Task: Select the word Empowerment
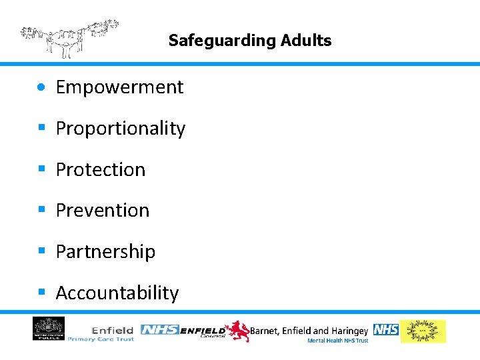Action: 119,87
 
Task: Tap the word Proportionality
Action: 121,129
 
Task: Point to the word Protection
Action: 101,170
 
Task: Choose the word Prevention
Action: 103,211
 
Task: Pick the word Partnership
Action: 105,252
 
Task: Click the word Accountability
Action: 117,293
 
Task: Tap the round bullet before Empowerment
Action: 42,87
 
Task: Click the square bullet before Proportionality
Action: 42,127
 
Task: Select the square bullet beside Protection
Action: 42,169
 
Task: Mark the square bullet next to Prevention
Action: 42,209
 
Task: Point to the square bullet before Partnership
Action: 42,251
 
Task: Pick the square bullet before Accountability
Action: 42,292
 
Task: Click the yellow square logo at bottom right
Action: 423,331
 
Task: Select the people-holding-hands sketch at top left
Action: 69,38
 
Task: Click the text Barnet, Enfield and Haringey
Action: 309,331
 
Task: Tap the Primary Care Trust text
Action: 101,339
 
